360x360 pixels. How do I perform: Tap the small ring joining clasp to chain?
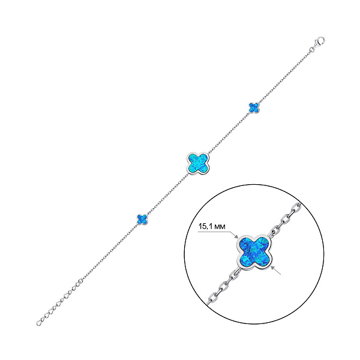click(x=314, y=49)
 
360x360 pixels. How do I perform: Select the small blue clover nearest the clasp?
click(x=253, y=107)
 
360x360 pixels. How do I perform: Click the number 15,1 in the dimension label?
click(x=206, y=227)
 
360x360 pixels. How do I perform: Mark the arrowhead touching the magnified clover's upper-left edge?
click(x=238, y=236)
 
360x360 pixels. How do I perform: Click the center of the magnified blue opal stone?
click(x=254, y=253)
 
